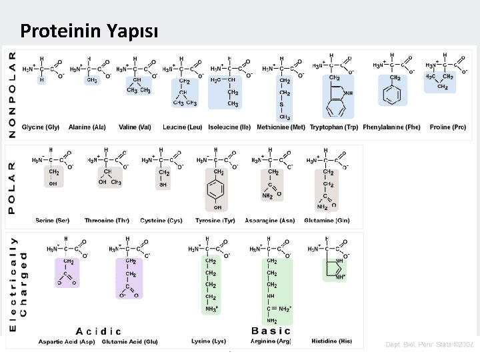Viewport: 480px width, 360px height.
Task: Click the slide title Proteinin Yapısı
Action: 89,31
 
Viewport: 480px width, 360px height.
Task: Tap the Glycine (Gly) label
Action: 41,127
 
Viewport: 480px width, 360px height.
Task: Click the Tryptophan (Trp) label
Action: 334,127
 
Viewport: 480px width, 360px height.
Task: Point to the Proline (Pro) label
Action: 448,127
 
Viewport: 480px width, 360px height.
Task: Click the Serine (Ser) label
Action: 53,221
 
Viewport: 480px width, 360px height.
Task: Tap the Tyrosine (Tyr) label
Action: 215,221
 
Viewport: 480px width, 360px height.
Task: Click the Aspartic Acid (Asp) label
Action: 67,341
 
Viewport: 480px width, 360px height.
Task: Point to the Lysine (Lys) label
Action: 209,341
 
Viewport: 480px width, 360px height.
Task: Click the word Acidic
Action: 99,331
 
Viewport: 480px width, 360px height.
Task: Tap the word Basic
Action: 271,330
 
